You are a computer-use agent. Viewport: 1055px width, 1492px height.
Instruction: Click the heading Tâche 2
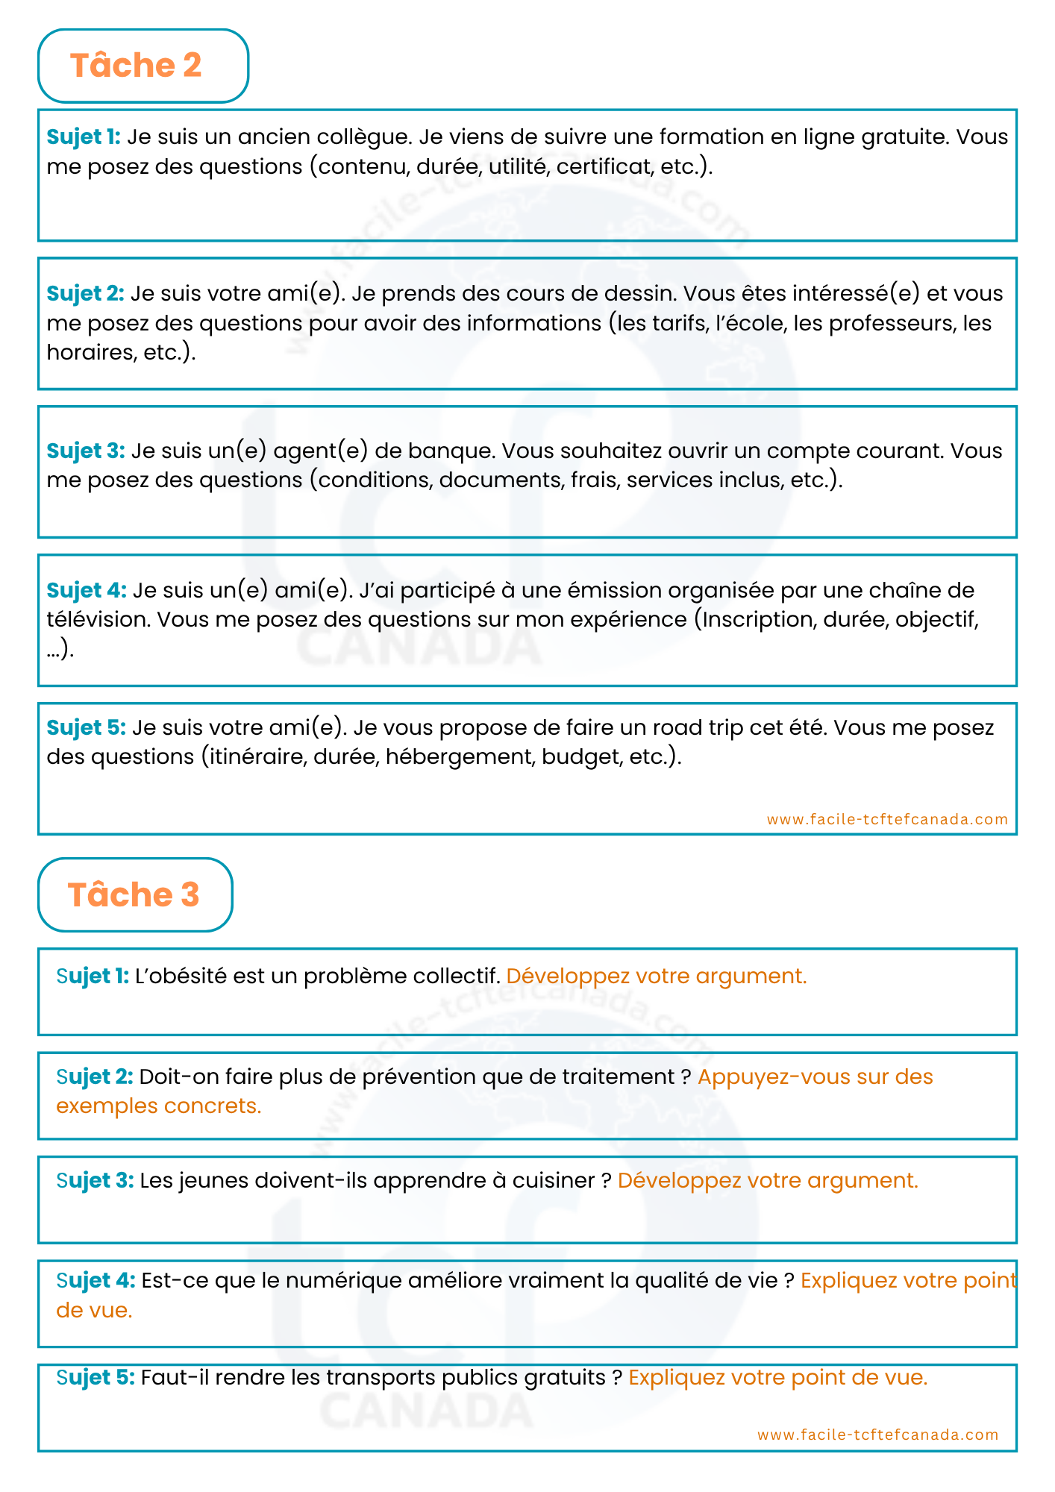pyautogui.click(x=136, y=66)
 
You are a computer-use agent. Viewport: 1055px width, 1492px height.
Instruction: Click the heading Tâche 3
pyautogui.click(x=134, y=894)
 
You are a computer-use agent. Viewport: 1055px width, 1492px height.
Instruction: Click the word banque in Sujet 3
pyautogui.click(x=451, y=451)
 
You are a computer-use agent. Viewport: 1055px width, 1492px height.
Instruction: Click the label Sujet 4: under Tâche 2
pyautogui.click(x=87, y=590)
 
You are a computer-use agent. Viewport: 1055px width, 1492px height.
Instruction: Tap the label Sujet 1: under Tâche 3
pyautogui.click(x=93, y=976)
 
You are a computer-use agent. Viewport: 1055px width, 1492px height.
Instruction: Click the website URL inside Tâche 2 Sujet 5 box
pyautogui.click(x=887, y=819)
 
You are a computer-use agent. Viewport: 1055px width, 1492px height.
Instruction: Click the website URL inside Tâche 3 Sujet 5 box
pyautogui.click(x=877, y=1435)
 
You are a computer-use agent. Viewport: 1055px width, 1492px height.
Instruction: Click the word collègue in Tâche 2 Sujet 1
pyautogui.click(x=362, y=137)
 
